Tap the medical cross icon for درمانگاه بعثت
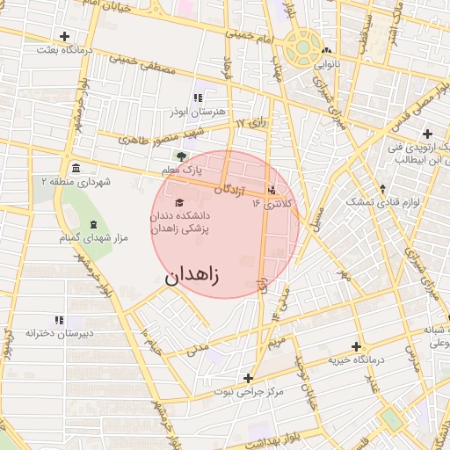pyautogui.click(x=64, y=36)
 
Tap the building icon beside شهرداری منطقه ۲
pyautogui.click(x=75, y=168)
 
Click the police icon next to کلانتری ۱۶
pyautogui.click(x=272, y=189)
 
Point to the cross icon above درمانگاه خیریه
pyautogui.click(x=356, y=346)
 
